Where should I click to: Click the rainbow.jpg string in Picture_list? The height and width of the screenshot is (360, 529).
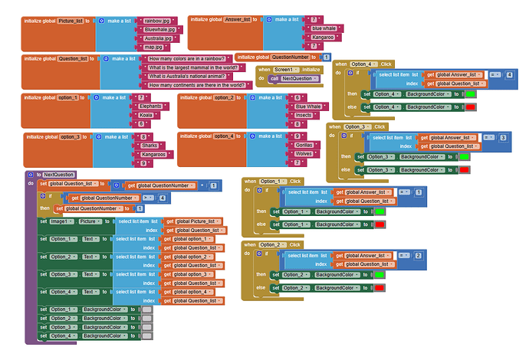pos(157,21)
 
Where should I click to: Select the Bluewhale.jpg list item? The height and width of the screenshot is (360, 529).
pos(160,29)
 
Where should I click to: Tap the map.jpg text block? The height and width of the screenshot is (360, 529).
pos(154,47)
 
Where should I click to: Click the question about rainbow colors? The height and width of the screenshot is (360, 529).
pos(188,59)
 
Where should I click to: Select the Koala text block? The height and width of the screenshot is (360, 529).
pos(146,115)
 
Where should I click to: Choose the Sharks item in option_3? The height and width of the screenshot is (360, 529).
pos(151,146)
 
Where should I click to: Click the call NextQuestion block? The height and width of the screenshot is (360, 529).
pos(293,79)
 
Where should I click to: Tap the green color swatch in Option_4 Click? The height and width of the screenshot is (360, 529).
pos(471,94)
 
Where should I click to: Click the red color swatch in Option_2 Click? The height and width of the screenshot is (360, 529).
pos(379,287)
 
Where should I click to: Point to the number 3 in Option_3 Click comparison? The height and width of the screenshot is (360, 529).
pos(502,137)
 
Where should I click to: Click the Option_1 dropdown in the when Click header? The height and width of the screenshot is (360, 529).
pos(274,182)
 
